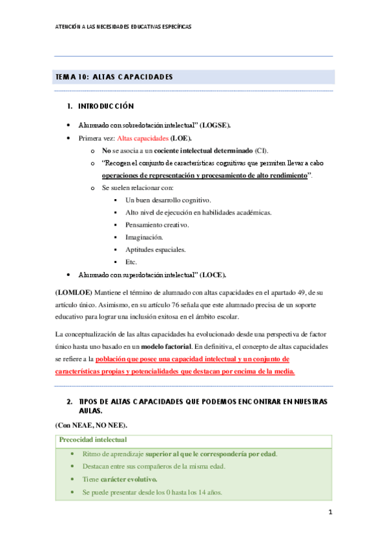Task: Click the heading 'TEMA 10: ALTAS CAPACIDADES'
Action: click(114, 78)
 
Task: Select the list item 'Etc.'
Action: click(131, 262)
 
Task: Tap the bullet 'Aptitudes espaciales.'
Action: click(156, 249)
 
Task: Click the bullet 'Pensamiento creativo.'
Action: click(157, 225)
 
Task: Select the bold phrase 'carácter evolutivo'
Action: click(129, 479)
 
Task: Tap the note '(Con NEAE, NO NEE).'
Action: click(90, 426)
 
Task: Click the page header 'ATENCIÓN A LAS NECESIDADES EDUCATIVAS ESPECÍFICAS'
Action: click(123, 27)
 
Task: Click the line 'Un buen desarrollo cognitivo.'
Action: click(168, 200)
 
